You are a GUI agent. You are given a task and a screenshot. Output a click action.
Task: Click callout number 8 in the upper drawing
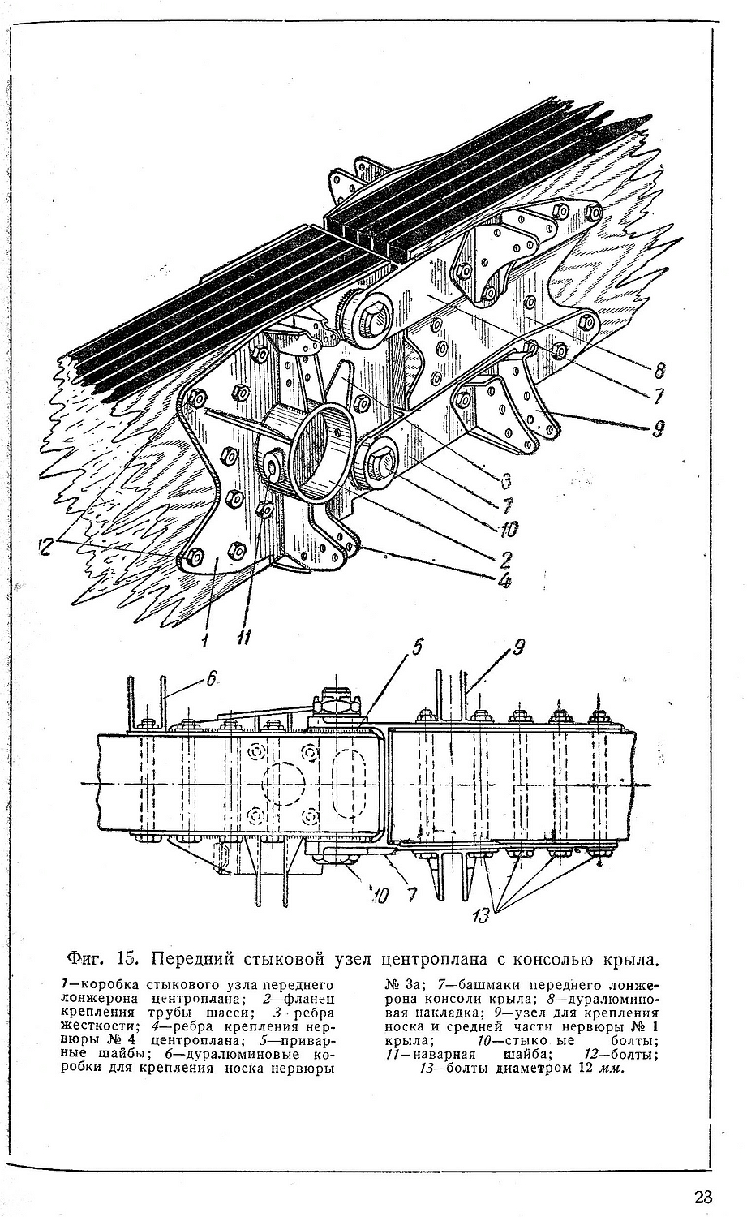(x=659, y=371)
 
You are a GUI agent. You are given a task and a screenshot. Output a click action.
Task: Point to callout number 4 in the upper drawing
(x=504, y=580)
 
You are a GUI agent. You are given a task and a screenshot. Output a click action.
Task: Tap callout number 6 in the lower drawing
(x=212, y=680)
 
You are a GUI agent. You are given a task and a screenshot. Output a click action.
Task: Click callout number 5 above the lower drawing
(x=416, y=647)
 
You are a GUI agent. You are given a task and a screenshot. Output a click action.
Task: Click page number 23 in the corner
(x=702, y=1197)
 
